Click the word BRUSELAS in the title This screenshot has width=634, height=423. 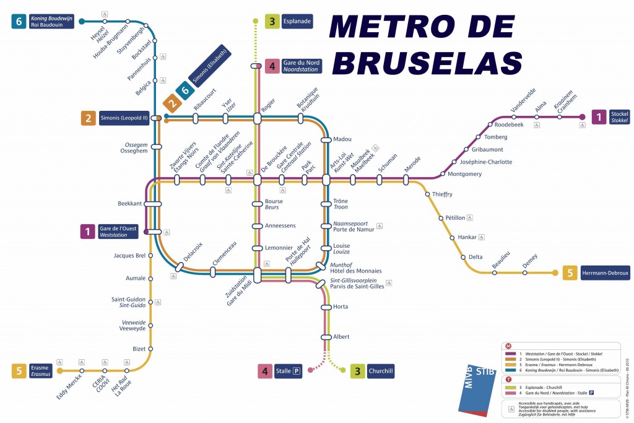tap(431, 63)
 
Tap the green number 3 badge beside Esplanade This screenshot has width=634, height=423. tap(272, 22)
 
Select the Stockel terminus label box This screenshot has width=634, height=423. tap(619, 117)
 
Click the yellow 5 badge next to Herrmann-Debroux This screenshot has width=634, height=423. tap(570, 273)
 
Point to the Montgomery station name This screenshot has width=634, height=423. tap(464, 174)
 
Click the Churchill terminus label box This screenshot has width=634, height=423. tap(381, 371)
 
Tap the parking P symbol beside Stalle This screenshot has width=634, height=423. tap(297, 372)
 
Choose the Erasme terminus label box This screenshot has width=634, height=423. tap(40, 371)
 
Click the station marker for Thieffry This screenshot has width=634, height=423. tap(427, 194)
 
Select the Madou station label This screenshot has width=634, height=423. tap(342, 139)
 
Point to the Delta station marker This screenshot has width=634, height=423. tap(462, 257)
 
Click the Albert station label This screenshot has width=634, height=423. tap(341, 337)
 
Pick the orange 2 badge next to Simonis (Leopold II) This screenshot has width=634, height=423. tap(89, 118)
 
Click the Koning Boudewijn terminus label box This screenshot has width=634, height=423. tap(52, 22)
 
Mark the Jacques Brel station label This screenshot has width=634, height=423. tap(129, 256)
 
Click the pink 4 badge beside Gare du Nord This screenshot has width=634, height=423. tap(272, 66)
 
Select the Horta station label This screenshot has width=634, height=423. tap(341, 307)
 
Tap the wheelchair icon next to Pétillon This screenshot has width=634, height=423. tap(471, 217)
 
